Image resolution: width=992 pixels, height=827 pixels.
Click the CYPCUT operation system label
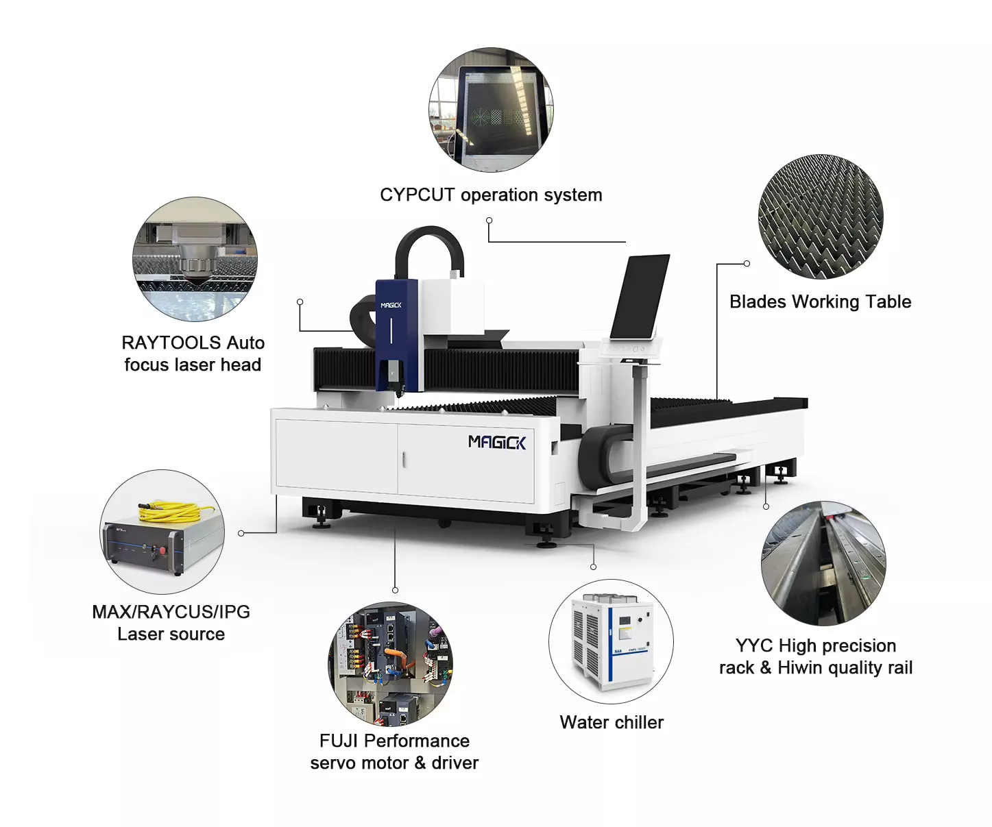tap(491, 195)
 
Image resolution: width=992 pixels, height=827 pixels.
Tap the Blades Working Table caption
tap(820, 302)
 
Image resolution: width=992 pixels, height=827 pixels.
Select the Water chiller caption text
tap(612, 722)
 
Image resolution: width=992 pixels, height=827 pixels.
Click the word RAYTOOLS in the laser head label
tap(171, 343)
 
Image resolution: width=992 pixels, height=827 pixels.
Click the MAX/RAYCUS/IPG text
tap(171, 612)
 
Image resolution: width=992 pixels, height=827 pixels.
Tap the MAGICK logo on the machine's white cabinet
tap(497, 442)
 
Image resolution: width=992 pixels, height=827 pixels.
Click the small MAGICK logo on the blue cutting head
tap(391, 306)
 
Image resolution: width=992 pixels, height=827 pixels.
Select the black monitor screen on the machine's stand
tap(640, 297)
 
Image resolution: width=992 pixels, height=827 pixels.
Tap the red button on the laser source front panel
tap(162, 550)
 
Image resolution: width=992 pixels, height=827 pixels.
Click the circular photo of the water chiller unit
tap(611, 641)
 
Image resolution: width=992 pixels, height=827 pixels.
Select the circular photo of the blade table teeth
tap(821, 217)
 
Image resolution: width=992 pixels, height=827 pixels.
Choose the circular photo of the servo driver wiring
tap(390, 664)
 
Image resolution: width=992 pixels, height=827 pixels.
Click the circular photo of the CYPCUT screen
tap(491, 110)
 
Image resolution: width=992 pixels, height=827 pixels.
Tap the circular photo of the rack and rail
tap(823, 563)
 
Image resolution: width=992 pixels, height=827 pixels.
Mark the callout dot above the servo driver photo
tap(395, 590)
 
